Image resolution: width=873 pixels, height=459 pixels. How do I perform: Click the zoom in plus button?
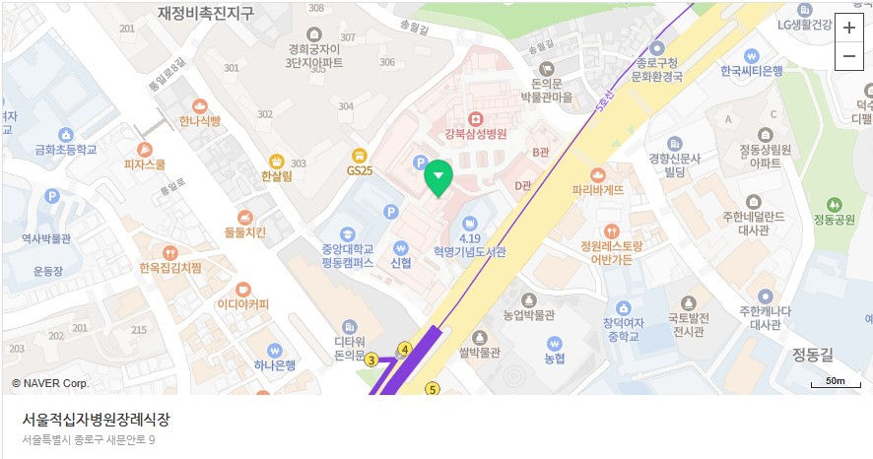coord(848,28)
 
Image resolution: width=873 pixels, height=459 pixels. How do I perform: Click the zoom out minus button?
coord(848,57)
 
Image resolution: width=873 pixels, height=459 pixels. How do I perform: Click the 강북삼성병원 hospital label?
coord(475,134)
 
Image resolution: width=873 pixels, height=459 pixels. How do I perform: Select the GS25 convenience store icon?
coord(360,169)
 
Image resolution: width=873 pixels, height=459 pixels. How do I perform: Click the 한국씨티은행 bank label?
coord(751,71)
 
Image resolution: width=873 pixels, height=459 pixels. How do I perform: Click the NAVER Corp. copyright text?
coord(50,382)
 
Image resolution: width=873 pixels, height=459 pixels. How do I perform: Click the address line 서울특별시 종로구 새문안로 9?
coord(89,439)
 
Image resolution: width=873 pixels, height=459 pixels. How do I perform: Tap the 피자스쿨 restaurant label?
coord(144,164)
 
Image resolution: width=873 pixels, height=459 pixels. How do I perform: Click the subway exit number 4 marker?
coord(404,349)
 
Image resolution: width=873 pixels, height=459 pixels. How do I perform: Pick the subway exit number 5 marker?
coord(432,389)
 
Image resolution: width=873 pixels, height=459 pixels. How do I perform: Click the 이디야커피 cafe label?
coord(243,303)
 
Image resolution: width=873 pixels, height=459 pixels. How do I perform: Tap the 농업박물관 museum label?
coord(529,315)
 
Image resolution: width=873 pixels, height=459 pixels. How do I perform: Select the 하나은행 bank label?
coord(274,364)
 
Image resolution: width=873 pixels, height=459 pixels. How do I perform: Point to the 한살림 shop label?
coord(277,177)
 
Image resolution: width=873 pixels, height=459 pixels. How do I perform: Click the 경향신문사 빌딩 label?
coord(674,164)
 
